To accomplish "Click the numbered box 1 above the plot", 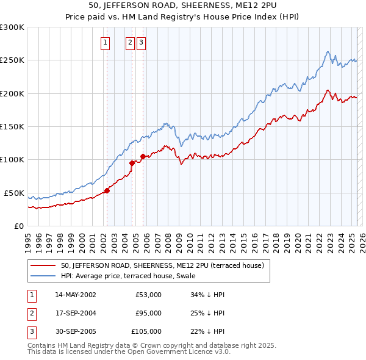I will click(x=106, y=43).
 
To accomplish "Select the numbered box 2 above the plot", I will click(x=131, y=43).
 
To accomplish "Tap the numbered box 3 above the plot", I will click(x=141, y=43).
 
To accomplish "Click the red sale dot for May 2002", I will click(x=107, y=190).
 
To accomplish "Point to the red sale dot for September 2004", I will click(x=132, y=163).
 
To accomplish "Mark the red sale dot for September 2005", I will click(x=143, y=156).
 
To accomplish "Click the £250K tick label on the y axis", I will click(x=12, y=60).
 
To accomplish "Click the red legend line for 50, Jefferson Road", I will click(x=43, y=266).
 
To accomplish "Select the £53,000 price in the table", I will click(x=149, y=295).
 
